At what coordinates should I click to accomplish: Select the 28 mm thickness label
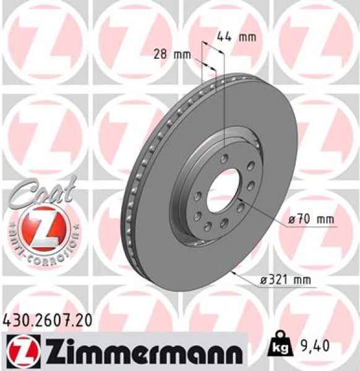tap(171, 54)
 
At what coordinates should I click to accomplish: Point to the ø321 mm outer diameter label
tap(285, 280)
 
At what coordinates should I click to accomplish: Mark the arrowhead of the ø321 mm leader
tap(231, 271)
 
